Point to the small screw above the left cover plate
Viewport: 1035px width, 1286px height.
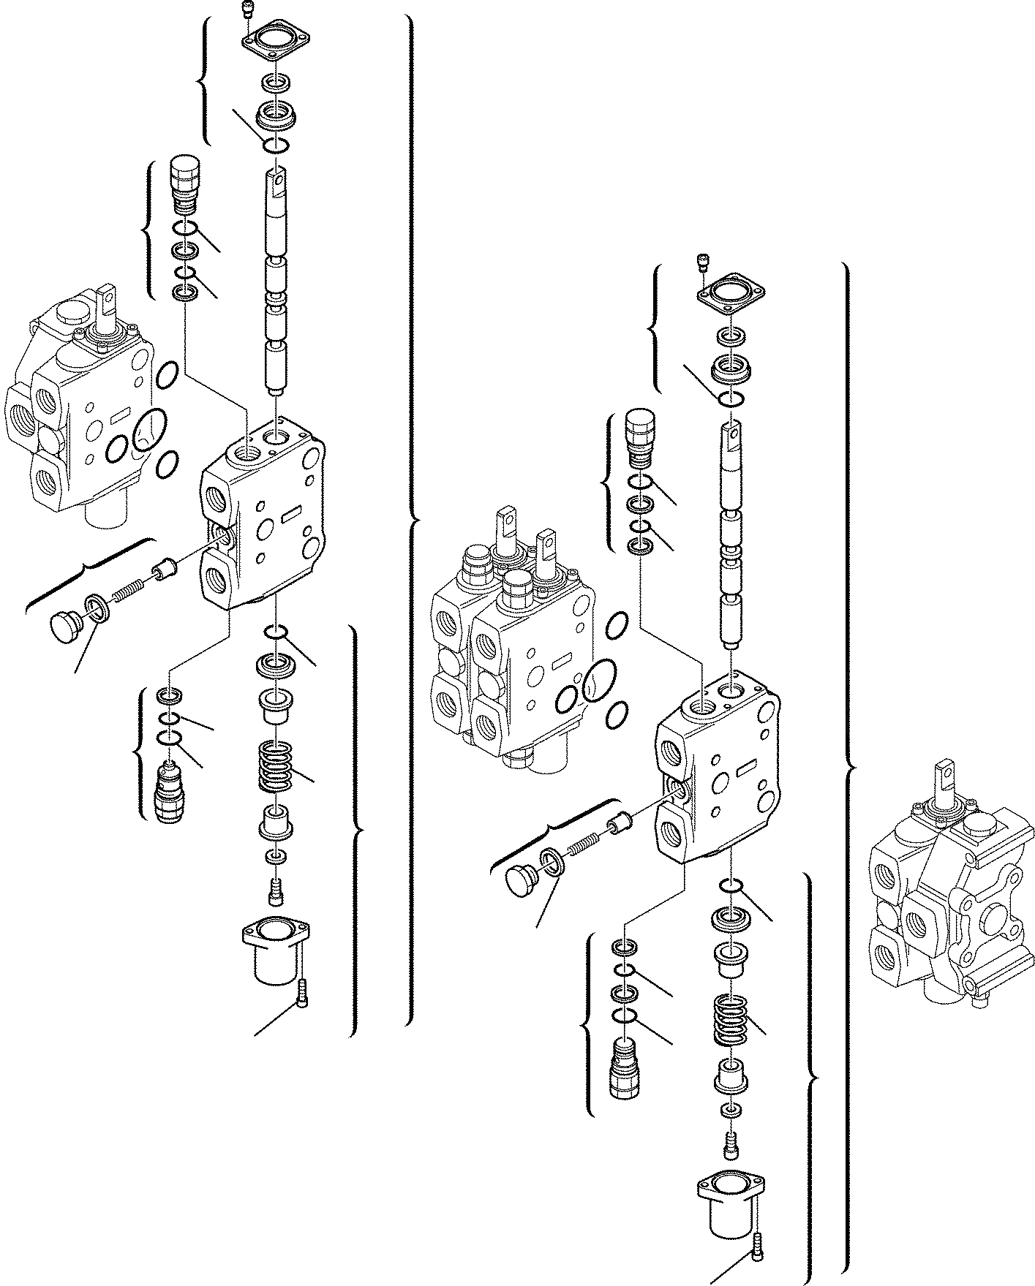246,10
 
